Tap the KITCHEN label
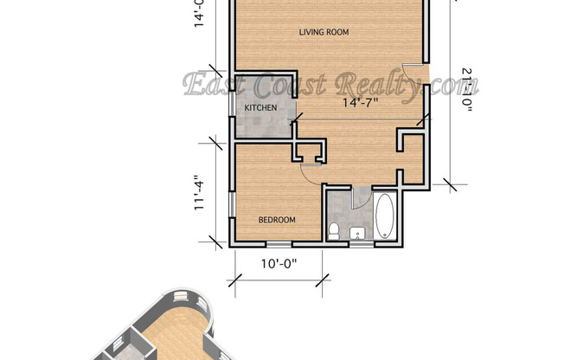(x=260, y=107)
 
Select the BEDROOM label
(x=277, y=220)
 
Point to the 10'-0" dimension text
(x=277, y=264)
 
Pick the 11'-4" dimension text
(x=201, y=193)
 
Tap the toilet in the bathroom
(x=334, y=230)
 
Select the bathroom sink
(x=356, y=232)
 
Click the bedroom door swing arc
(x=308, y=172)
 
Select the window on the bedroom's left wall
(x=231, y=208)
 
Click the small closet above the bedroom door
(x=309, y=152)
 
